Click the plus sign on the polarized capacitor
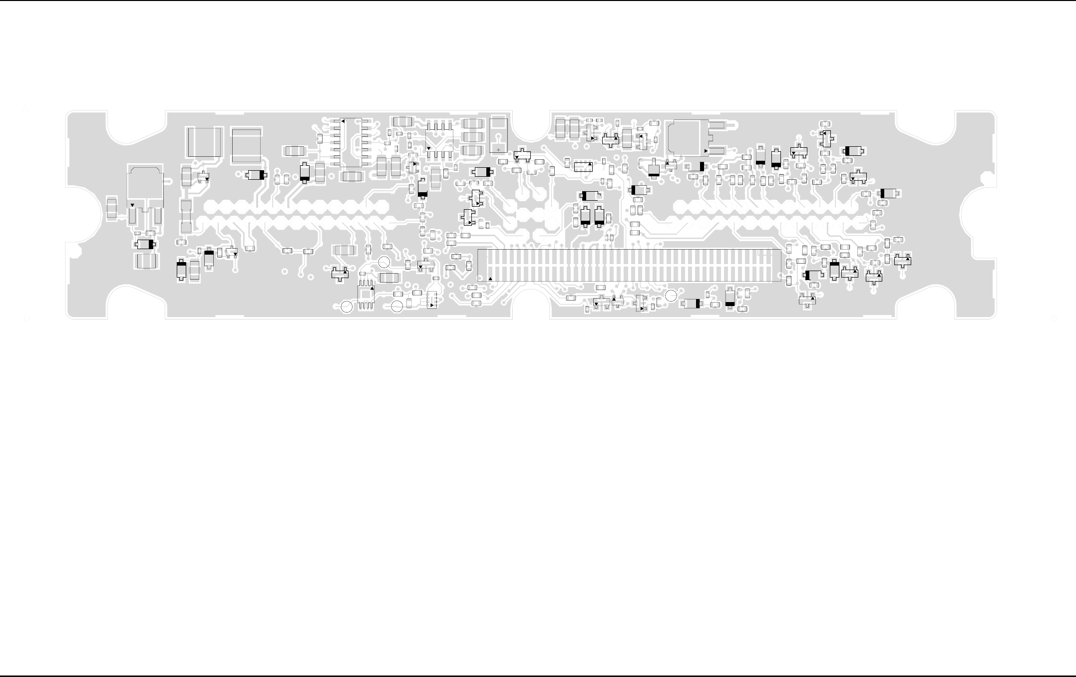tap(498, 150)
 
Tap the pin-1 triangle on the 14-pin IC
tap(343, 121)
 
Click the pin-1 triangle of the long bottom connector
tap(490, 279)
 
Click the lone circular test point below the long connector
tap(672, 296)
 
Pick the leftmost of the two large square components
tap(204, 142)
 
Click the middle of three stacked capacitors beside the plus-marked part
tap(473, 137)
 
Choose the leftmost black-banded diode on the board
tap(145, 244)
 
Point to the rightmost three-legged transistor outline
tap(903, 260)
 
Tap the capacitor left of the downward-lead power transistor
tap(112, 208)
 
